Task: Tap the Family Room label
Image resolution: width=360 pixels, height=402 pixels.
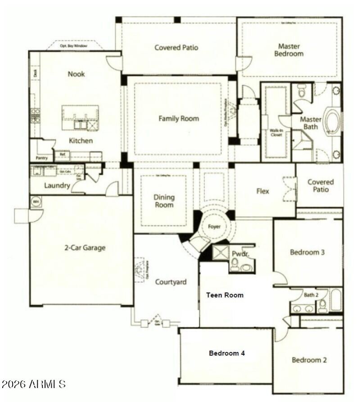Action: pos(178,119)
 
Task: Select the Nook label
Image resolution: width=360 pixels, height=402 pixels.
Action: pos(76,74)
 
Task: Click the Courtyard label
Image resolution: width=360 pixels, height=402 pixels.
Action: pos(171,282)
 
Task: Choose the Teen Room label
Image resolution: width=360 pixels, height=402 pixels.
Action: pos(225,295)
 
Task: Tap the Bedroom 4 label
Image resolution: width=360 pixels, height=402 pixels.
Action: pos(227,353)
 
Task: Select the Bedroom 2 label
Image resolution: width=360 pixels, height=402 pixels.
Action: pos(309,360)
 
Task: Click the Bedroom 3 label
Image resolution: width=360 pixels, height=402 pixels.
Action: pos(307,252)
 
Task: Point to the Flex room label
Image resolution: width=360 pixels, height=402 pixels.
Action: pos(263,191)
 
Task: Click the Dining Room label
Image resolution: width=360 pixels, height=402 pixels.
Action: pos(164,201)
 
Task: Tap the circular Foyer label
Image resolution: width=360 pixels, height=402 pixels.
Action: pos(214,226)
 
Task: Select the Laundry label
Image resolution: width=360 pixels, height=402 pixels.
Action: pos(57,185)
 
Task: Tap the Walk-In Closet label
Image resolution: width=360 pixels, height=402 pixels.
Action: pos(276,133)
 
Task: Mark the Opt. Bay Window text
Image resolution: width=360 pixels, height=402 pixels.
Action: pos(74,46)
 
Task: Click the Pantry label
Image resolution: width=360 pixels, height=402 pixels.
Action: pos(42,158)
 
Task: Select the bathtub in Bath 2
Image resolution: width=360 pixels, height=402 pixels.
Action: pos(336,300)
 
